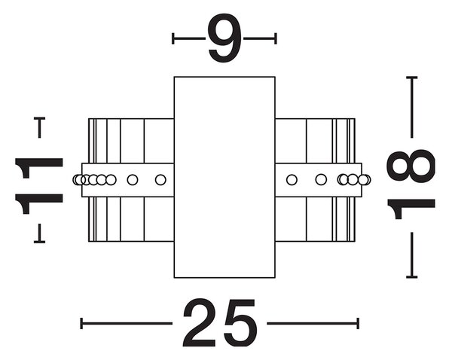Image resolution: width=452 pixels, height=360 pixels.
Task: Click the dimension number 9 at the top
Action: tap(224, 38)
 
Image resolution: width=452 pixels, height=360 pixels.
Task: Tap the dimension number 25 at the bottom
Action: tap(219, 323)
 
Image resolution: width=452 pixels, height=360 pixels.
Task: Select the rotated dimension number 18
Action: tap(411, 185)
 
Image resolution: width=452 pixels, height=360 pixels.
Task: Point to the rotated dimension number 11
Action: tap(39, 186)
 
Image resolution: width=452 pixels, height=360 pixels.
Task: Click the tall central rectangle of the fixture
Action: tap(224, 177)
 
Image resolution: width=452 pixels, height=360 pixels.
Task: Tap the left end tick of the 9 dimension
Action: tap(173, 38)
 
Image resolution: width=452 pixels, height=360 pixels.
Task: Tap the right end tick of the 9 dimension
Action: tap(276, 38)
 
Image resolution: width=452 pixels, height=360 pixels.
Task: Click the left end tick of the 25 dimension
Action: tap(81, 323)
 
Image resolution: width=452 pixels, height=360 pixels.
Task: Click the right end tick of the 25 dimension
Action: tap(358, 323)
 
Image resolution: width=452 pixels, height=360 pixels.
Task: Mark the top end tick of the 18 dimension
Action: tap(412, 78)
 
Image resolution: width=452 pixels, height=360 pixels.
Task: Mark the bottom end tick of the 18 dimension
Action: tap(412, 277)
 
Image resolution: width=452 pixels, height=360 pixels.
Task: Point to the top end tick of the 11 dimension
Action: tap(39, 118)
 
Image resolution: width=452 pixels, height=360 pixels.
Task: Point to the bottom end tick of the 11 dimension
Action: tap(39, 242)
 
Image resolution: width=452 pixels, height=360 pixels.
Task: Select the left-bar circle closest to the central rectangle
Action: tap(160, 180)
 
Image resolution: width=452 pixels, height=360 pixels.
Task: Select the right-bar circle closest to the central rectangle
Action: tap(292, 180)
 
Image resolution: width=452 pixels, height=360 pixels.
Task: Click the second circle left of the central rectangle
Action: tap(133, 180)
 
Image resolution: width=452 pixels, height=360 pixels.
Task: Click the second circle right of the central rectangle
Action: tap(321, 179)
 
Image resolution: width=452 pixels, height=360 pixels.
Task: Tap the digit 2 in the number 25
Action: tap(200, 323)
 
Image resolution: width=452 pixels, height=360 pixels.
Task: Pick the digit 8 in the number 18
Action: tap(411, 166)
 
